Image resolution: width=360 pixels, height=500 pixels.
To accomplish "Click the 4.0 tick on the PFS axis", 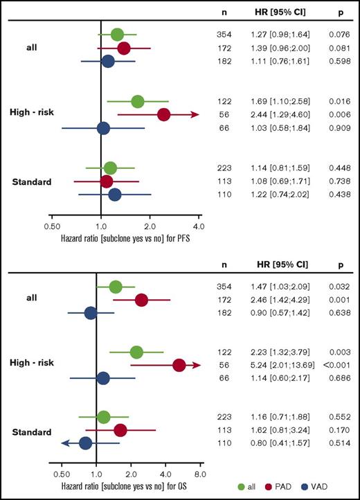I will pos(199,226).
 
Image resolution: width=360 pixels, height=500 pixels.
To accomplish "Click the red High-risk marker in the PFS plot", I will pos(164,114).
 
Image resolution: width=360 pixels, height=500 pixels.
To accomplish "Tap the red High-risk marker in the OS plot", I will pos(179,365).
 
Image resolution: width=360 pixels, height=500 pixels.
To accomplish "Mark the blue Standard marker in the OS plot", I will pos(85,443).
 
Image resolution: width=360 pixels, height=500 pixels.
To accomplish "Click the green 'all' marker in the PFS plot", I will pos(117,35).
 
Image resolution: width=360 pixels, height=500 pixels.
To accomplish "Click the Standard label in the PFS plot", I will pos(32,181).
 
